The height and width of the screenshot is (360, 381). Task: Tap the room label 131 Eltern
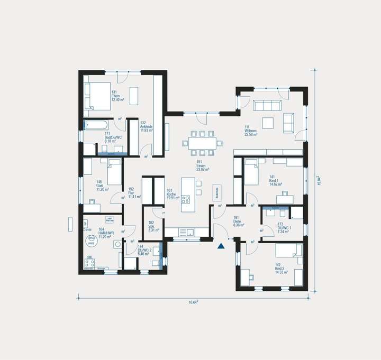click(x=117, y=96)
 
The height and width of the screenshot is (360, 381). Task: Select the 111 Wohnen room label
click(x=250, y=131)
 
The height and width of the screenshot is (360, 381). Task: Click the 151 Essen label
click(x=203, y=165)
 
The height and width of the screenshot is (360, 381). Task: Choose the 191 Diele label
click(x=239, y=220)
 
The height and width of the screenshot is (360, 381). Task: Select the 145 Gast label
click(x=103, y=186)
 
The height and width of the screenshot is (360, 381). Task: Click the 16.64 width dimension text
click(x=193, y=302)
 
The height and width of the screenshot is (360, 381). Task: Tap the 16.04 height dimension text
click(x=319, y=180)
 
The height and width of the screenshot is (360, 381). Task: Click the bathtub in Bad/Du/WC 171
click(x=96, y=126)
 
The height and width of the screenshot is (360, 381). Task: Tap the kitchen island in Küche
click(x=187, y=195)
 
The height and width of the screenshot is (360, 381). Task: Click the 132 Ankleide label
click(x=146, y=126)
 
